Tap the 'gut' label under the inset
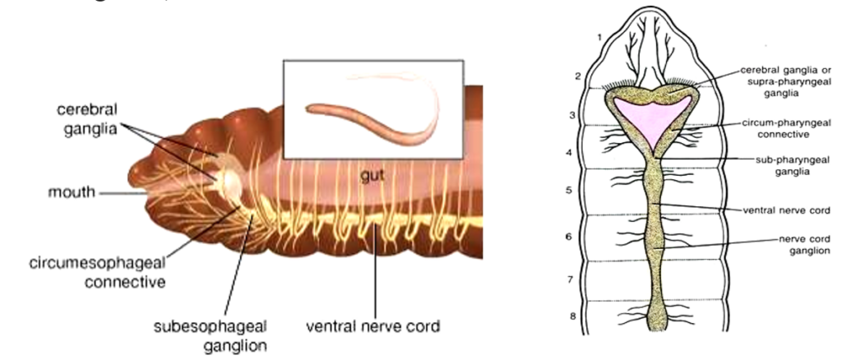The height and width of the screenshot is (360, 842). click(x=372, y=175)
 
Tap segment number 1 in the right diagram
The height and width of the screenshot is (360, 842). click(x=600, y=36)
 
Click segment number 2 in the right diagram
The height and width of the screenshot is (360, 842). click(x=579, y=76)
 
